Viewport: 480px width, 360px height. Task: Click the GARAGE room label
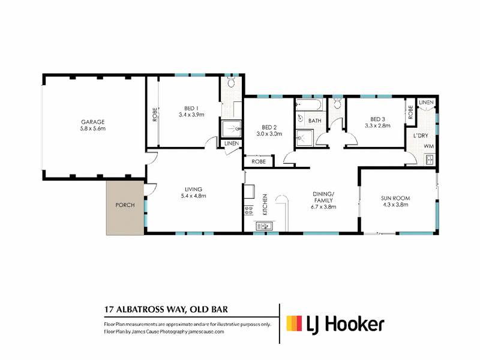pos(93,122)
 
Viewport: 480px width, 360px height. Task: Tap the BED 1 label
pos(191,109)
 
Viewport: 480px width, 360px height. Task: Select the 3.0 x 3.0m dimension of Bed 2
pos(269,134)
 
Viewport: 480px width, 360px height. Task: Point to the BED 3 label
pos(377,119)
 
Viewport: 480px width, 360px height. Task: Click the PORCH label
pos(125,205)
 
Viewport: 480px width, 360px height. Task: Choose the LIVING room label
pos(193,190)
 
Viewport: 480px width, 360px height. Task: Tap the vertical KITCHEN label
pos(265,205)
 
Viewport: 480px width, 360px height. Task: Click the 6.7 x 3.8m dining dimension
pos(323,207)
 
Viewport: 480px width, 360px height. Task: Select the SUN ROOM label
pos(395,199)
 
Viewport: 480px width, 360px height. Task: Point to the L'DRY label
pos(421,136)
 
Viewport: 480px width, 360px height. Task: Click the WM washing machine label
pos(429,146)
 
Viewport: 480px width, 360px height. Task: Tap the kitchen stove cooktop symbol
pos(248,211)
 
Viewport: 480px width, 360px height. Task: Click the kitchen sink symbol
pos(264,226)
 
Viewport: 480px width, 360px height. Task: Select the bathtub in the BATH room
pos(309,104)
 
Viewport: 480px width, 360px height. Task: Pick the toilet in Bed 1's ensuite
pos(231,82)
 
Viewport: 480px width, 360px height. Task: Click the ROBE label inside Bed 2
pos(259,161)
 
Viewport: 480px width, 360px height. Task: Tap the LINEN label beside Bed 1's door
pos(232,143)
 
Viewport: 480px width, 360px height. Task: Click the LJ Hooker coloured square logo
pos(294,323)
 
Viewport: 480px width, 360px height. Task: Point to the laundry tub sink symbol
pos(429,160)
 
